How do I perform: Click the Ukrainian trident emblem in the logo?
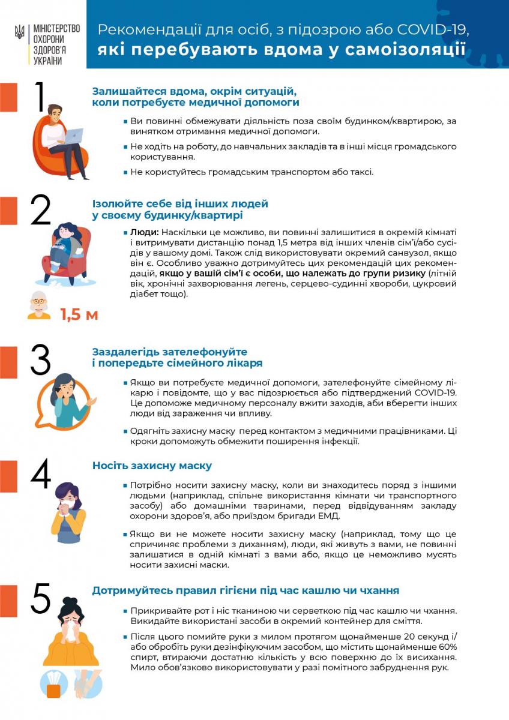click(19, 32)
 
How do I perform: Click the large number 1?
click(40, 97)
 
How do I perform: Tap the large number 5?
click(40, 598)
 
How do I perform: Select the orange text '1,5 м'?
click(79, 314)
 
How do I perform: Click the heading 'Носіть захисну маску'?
click(152, 466)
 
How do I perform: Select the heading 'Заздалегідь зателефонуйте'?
click(170, 352)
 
